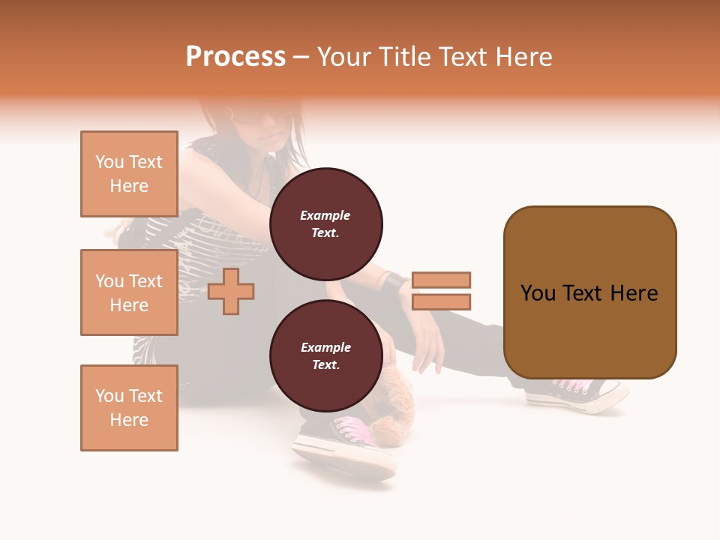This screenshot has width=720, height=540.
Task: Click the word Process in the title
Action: (235, 57)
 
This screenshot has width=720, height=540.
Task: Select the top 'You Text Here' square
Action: (129, 174)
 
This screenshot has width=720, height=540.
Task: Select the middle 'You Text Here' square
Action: (129, 292)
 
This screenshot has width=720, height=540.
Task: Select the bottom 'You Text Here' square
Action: (129, 408)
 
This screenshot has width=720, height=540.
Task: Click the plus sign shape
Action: (231, 292)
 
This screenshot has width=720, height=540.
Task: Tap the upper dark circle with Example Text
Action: (326, 223)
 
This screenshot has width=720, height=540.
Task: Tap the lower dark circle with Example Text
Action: (326, 355)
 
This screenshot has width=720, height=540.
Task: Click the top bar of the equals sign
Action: (441, 280)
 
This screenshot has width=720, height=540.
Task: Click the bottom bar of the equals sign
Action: (441, 302)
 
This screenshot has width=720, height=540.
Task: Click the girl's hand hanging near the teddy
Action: (428, 349)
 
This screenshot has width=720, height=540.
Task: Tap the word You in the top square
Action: (109, 162)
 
